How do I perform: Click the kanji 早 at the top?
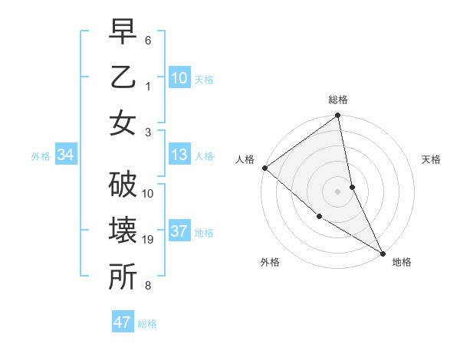123,34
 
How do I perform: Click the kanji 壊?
123,232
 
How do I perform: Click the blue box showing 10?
179,77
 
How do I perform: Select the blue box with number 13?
179,155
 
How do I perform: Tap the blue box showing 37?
179,232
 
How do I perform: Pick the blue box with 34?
65,155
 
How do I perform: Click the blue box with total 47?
123,322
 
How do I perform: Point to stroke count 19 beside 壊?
148,240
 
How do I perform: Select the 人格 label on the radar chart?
245,159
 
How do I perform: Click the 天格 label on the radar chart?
432,159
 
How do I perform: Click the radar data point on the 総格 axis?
338,116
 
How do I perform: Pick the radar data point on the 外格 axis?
319,217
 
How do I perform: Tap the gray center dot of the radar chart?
338,191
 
